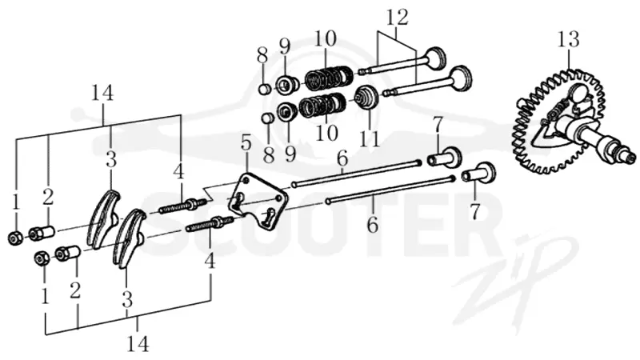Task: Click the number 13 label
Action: click(x=569, y=39)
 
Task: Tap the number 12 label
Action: click(x=398, y=18)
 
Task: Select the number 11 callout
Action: click(x=369, y=138)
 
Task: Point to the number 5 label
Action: click(x=246, y=144)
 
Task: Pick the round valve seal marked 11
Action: click(x=366, y=98)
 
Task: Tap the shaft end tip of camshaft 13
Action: click(x=633, y=157)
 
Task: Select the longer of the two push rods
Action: click(x=392, y=190)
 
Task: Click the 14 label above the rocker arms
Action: click(x=102, y=94)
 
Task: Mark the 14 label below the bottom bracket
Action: click(x=138, y=344)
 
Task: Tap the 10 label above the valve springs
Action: click(x=326, y=38)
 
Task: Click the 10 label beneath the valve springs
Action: click(x=327, y=133)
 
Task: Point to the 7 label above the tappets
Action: click(x=437, y=126)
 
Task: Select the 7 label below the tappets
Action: click(x=474, y=211)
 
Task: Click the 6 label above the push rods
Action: click(x=342, y=158)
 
